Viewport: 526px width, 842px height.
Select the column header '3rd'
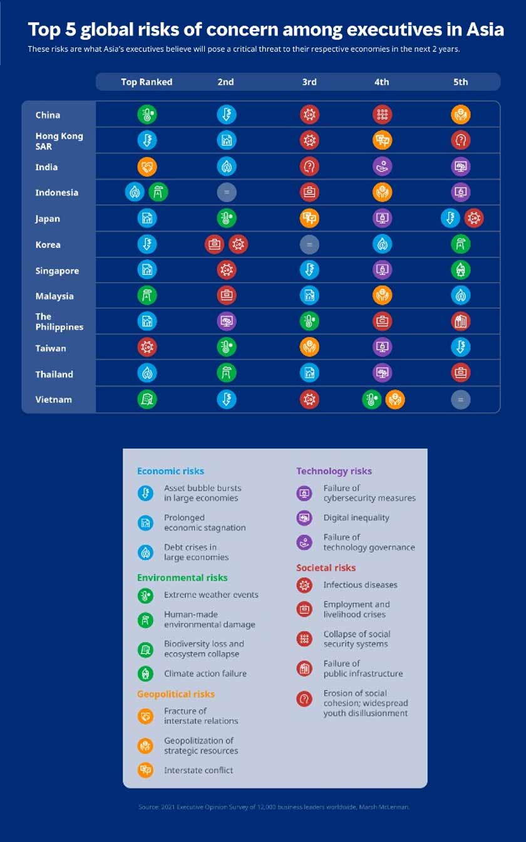coord(309,82)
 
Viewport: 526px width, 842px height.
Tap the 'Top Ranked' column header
coord(147,82)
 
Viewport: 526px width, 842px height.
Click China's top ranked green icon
coord(147,115)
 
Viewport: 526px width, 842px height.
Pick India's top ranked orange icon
coord(147,167)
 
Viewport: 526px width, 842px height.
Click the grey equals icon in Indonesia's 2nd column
coord(226,192)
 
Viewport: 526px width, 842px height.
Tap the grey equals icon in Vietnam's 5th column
coord(460,400)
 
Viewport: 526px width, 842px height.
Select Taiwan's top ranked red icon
coord(147,348)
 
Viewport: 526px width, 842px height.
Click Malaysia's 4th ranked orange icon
coord(382,296)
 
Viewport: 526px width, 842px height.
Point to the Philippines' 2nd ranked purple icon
coord(226,321)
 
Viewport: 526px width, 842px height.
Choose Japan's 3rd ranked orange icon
coord(309,218)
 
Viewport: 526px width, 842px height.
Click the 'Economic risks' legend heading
coord(170,471)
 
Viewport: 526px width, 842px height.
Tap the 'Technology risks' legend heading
coord(334,471)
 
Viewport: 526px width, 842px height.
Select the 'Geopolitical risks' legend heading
coord(175,694)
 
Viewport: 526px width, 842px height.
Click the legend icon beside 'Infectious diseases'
coord(304,585)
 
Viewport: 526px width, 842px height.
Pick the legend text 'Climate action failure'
coord(205,673)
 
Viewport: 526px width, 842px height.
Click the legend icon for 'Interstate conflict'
coord(145,770)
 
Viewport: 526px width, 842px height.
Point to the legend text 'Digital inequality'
coord(356,517)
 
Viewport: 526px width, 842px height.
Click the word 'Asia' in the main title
coord(483,29)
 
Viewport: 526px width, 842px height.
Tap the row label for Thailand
coord(54,374)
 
